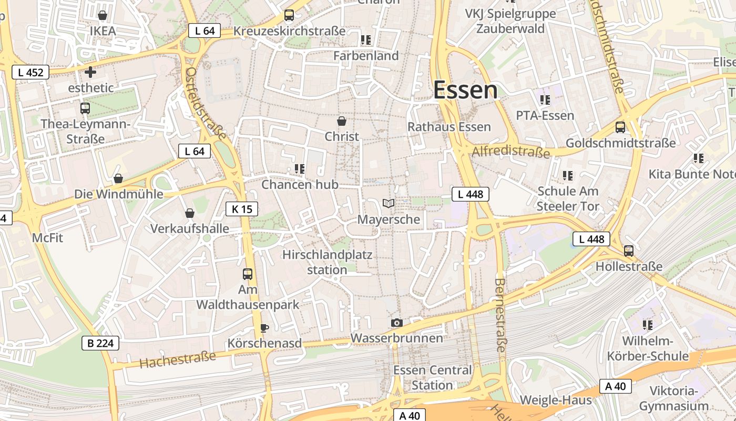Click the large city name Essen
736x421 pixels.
tap(465, 91)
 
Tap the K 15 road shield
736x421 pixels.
tap(242, 209)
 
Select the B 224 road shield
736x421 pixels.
tap(100, 344)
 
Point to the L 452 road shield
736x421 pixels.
tap(30, 73)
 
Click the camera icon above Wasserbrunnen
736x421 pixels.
tap(397, 323)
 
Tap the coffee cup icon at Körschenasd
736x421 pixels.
tap(264, 328)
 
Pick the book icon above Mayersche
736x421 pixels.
tap(389, 204)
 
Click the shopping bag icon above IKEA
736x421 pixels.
tap(103, 15)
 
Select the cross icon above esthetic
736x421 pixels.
tap(90, 72)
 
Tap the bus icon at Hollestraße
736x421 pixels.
tap(629, 251)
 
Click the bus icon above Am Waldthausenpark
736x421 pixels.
tap(248, 274)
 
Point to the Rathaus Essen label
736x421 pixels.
tap(449, 127)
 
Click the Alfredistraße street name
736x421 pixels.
tap(511, 152)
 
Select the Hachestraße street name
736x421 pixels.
tap(178, 359)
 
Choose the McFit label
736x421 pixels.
tap(47, 238)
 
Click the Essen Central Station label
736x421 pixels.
tap(433, 377)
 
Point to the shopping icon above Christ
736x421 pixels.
tap(342, 121)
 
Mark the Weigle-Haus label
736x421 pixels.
tap(556, 400)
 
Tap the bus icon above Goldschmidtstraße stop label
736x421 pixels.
tap(620, 127)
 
